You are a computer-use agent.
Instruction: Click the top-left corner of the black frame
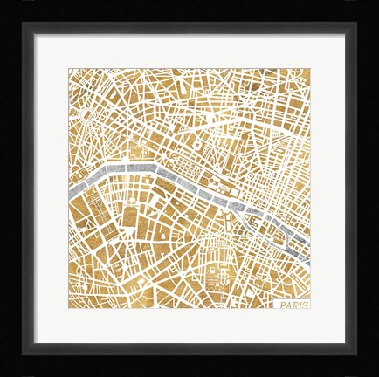(5, 5)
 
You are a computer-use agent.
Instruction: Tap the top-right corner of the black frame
(374, 5)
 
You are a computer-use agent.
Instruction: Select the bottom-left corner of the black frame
(5, 372)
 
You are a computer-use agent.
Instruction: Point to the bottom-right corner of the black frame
(374, 372)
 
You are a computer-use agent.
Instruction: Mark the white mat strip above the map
(189, 51)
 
